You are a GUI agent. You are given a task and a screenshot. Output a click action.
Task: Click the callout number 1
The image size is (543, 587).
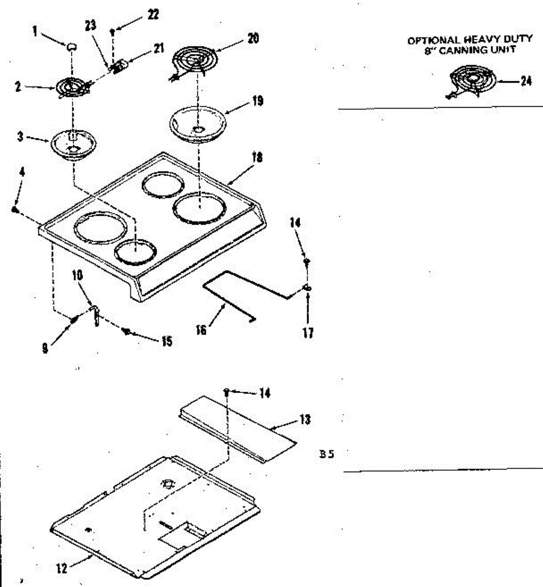tap(35, 31)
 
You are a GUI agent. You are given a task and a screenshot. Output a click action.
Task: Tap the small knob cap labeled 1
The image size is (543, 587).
tap(72, 46)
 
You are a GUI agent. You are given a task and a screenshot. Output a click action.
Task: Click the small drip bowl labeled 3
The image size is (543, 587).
tap(72, 145)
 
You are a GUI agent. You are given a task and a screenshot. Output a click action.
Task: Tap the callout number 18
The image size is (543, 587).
tap(257, 158)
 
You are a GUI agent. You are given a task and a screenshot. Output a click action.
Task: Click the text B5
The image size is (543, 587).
tap(326, 454)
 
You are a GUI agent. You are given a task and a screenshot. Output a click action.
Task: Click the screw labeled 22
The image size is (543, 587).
tap(113, 32)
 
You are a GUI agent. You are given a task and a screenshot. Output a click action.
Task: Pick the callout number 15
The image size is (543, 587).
tap(167, 341)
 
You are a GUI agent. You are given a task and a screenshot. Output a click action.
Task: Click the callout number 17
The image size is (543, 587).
tap(308, 334)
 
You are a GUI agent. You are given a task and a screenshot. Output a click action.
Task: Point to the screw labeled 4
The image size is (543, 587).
tap(15, 209)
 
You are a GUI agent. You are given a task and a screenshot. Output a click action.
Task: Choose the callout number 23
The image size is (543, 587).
tap(90, 26)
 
